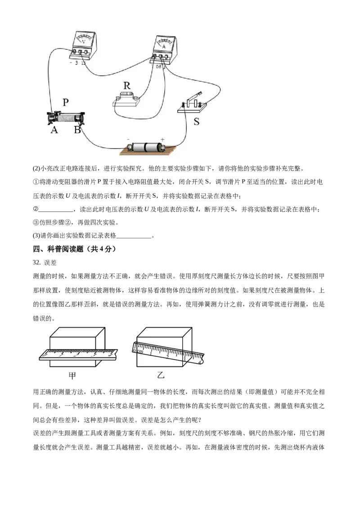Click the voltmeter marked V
click(x=84, y=45)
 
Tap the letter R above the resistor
click(x=127, y=86)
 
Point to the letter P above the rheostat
click(x=66, y=102)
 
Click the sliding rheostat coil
click(x=66, y=118)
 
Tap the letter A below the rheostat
click(x=54, y=130)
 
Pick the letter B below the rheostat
click(x=77, y=130)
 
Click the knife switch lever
click(x=195, y=96)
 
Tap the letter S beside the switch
click(x=196, y=122)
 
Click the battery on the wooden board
click(x=145, y=147)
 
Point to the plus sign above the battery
click(x=162, y=139)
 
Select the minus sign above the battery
click(x=128, y=139)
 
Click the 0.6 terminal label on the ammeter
click(x=158, y=67)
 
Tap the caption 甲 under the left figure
click(x=72, y=375)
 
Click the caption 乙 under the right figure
click(x=161, y=375)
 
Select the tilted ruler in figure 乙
click(x=168, y=353)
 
